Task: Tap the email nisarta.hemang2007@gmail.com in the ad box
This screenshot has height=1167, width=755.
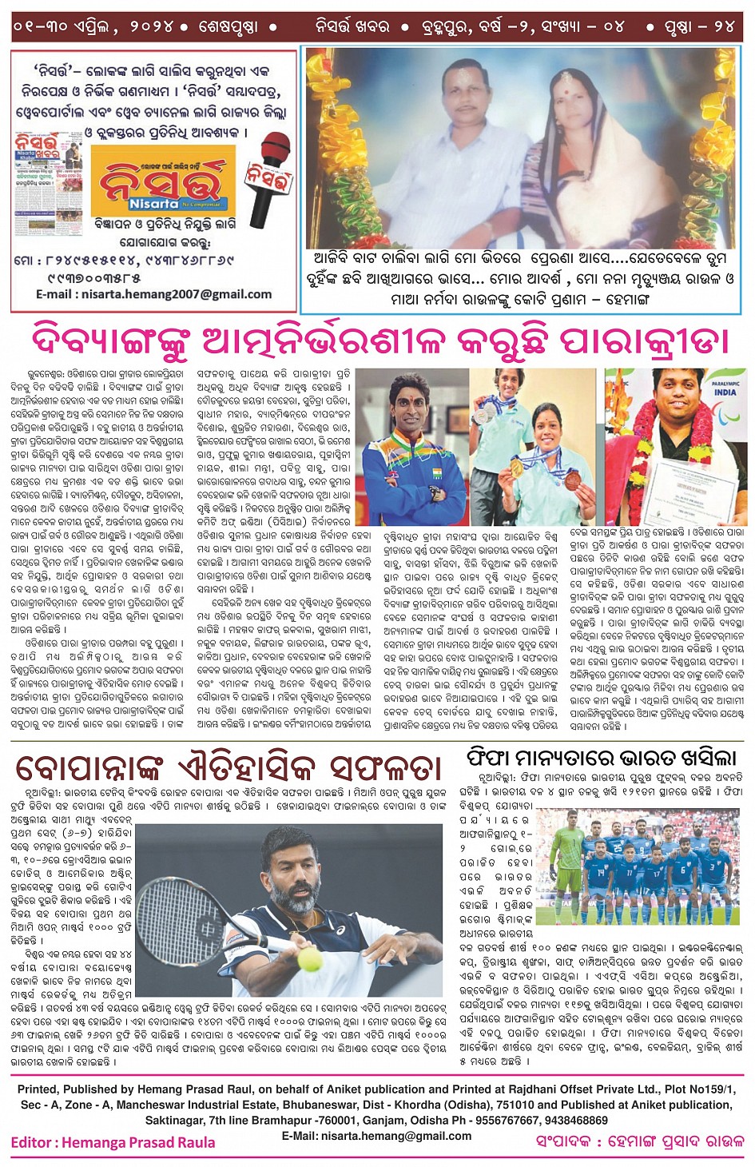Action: click(x=153, y=295)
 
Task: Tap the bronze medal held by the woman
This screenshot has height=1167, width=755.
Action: click(x=573, y=480)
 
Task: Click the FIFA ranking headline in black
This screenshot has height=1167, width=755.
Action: click(x=601, y=757)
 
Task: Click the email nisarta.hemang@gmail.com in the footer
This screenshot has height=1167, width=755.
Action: click(x=376, y=1136)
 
